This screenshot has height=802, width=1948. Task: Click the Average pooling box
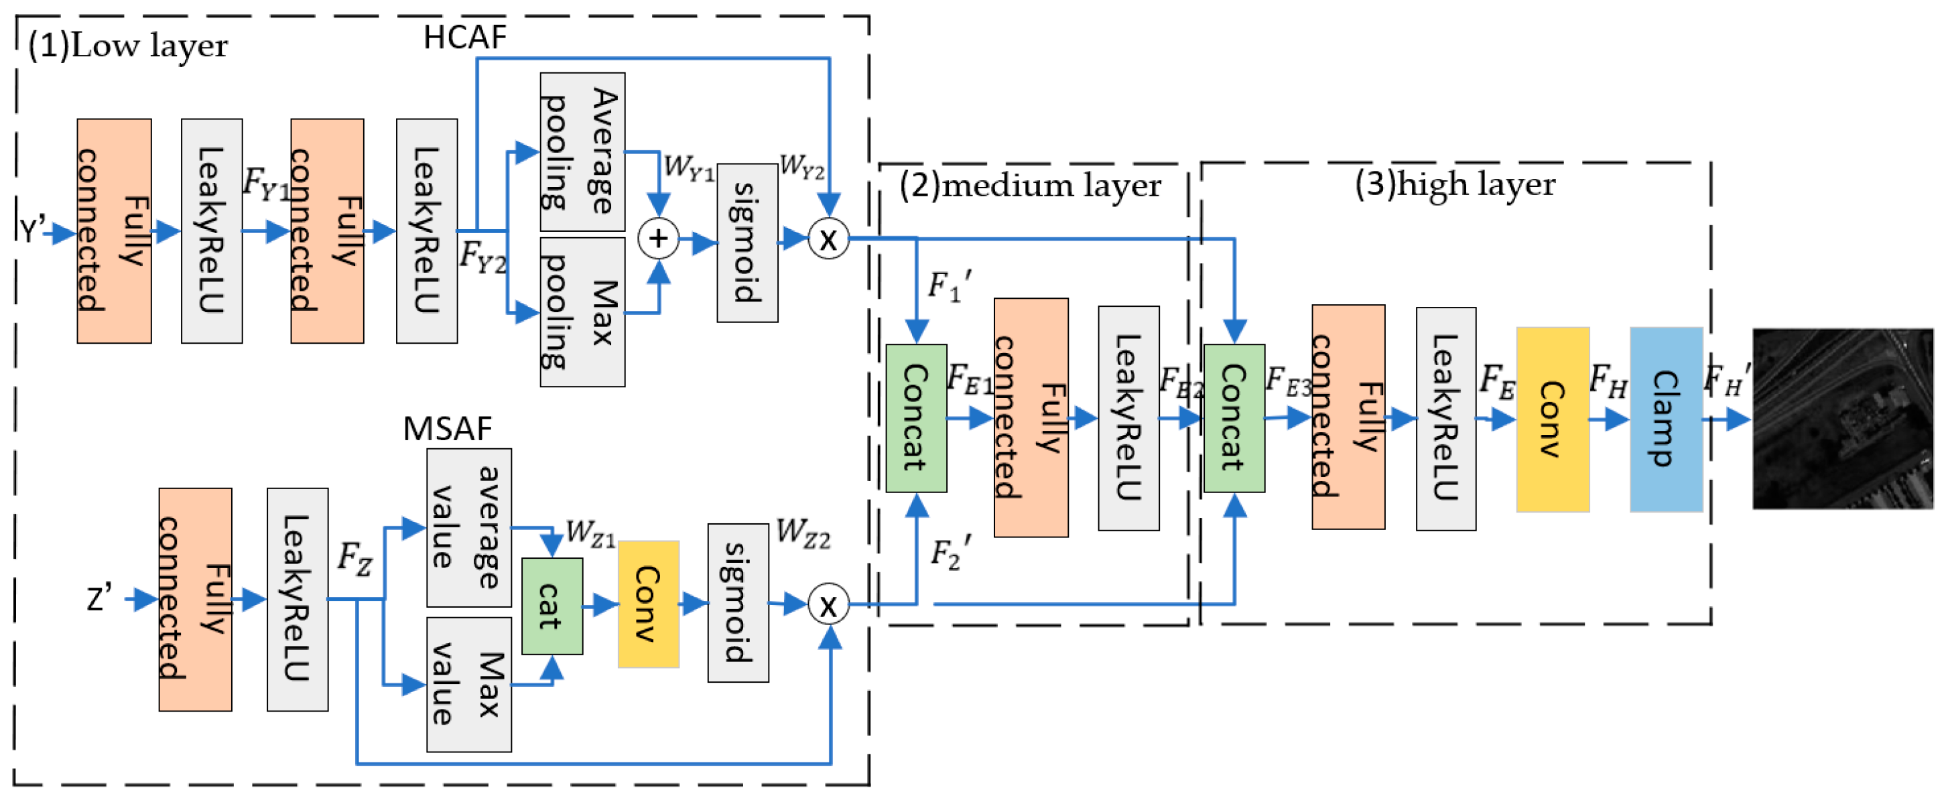582,151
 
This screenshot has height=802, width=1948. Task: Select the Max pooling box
582,312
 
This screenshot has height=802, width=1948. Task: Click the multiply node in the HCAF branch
828,239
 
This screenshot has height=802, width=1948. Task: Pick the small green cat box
552,606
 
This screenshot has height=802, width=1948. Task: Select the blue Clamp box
1665,419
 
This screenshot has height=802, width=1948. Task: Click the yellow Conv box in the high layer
1552,419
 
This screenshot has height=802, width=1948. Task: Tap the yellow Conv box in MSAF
648,604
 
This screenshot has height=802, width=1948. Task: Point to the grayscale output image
1842,418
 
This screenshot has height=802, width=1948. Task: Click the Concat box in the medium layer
916,418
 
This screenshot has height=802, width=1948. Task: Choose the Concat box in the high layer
1234,418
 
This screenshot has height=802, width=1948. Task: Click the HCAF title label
464,37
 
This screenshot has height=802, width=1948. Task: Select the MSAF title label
447,429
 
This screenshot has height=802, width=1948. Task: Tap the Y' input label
31,230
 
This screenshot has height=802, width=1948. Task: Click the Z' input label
99,599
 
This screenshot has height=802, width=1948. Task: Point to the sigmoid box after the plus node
746,242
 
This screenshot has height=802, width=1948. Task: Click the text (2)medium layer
1029,185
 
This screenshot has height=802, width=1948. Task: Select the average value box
468,527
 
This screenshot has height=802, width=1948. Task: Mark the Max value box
468,684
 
